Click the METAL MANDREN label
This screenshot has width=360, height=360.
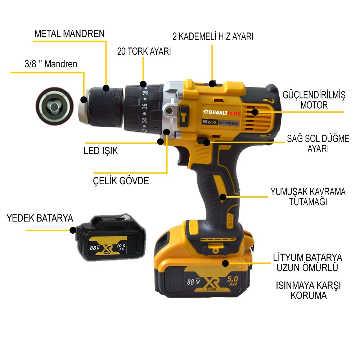pyautogui.click(x=69, y=34)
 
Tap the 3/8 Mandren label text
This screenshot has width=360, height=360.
pyautogui.click(x=49, y=64)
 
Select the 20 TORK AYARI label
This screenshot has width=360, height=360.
pyautogui.click(x=144, y=51)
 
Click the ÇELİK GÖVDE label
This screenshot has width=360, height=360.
pyautogui.click(x=121, y=181)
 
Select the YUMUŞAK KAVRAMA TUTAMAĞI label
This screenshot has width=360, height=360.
pyautogui.click(x=308, y=197)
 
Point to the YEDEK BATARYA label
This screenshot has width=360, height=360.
pyautogui.click(x=40, y=218)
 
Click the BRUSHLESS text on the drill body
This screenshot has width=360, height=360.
pyautogui.click(x=228, y=123)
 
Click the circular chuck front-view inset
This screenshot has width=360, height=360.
pyautogui.click(x=54, y=106)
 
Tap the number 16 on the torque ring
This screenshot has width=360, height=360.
pyautogui.click(x=145, y=107)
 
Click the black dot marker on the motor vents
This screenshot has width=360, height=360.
pyautogui.click(x=255, y=112)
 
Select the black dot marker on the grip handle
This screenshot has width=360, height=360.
pyautogui.click(x=223, y=197)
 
